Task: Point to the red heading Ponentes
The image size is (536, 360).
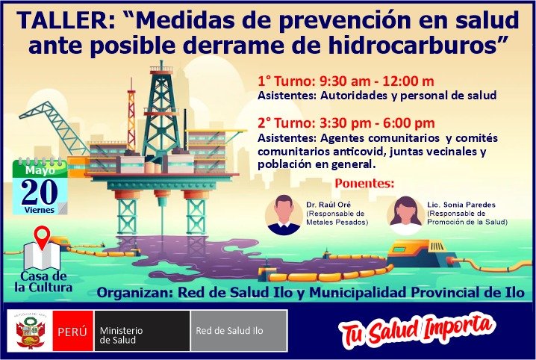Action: click(364, 183)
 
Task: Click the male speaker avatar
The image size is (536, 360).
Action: click(284, 215)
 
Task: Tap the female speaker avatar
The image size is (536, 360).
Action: click(405, 215)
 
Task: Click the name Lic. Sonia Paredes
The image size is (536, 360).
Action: click(461, 205)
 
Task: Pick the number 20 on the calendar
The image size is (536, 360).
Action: click(40, 192)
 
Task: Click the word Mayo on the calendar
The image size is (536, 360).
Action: click(40, 170)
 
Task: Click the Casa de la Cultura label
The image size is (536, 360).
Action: click(43, 282)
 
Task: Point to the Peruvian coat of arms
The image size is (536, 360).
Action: click(31, 331)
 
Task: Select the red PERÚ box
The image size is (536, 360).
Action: click(72, 331)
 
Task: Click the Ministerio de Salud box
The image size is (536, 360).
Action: click(142, 331)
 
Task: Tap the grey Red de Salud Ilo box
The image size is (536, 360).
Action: click(239, 331)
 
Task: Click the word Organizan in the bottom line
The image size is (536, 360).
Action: click(135, 293)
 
